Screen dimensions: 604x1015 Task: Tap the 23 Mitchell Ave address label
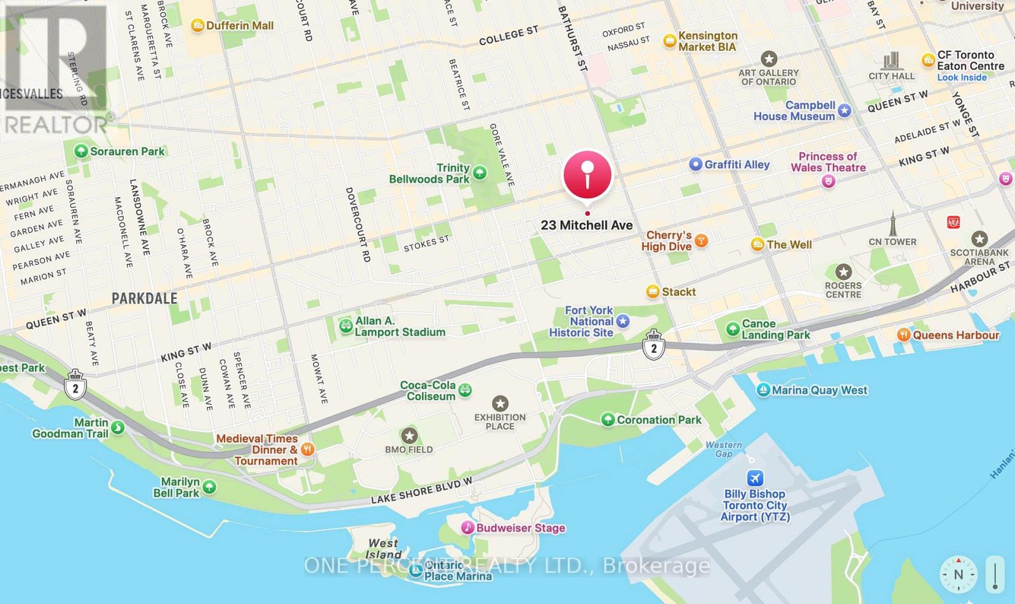pyautogui.click(x=587, y=225)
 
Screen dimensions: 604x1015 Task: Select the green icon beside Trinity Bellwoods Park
pyautogui.click(x=480, y=173)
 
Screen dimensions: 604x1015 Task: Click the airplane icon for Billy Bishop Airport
pyautogui.click(x=755, y=478)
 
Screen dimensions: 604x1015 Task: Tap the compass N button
pyautogui.click(x=959, y=574)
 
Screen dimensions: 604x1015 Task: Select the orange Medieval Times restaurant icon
pyautogui.click(x=307, y=449)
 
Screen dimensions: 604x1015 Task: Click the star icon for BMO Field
pyautogui.click(x=409, y=435)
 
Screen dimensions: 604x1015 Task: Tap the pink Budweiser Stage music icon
pyautogui.click(x=467, y=527)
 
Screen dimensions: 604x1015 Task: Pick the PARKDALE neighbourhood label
pyautogui.click(x=145, y=298)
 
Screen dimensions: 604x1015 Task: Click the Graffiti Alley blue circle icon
pyautogui.click(x=696, y=164)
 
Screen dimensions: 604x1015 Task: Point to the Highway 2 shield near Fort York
pyautogui.click(x=653, y=346)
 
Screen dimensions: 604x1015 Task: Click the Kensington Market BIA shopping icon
pyautogui.click(x=669, y=41)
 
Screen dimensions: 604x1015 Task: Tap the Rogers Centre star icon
pyautogui.click(x=843, y=272)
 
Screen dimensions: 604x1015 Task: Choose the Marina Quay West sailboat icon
pyautogui.click(x=763, y=390)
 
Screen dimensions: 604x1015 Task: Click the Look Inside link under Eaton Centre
pyautogui.click(x=962, y=77)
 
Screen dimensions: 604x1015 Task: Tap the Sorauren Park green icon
pyautogui.click(x=81, y=151)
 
